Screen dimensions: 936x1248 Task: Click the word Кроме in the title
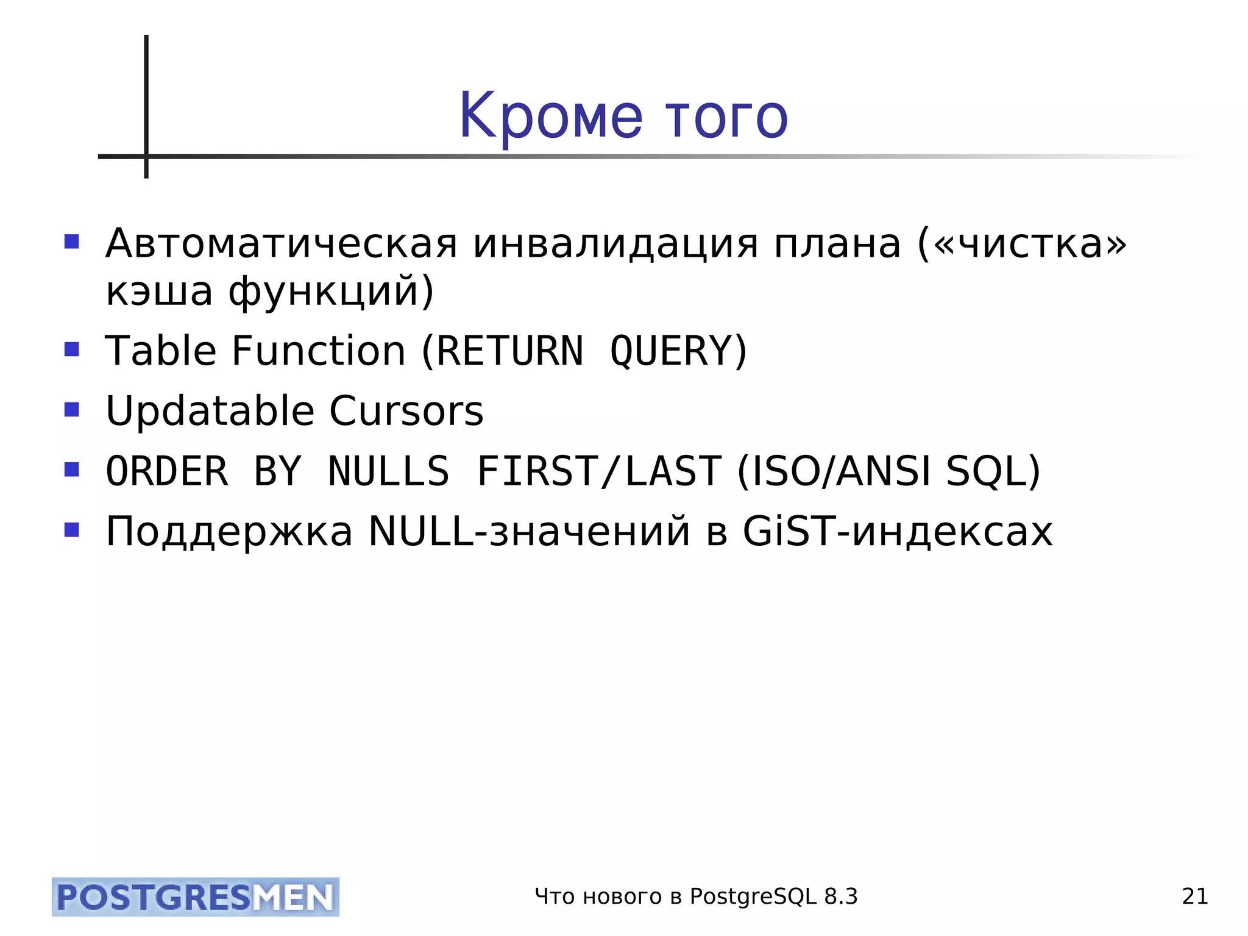pyautogui.click(x=550, y=116)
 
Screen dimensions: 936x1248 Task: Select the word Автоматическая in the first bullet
pyautogui.click(x=281, y=243)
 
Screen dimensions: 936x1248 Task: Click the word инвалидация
pyautogui.click(x=615, y=243)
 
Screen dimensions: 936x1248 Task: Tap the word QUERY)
pyautogui.click(x=678, y=351)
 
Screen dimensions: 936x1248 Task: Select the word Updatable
pyautogui.click(x=210, y=411)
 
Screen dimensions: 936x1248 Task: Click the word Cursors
pyautogui.click(x=406, y=411)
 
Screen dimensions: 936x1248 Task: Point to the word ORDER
pyautogui.click(x=167, y=471)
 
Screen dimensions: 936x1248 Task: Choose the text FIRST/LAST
pyautogui.click(x=600, y=471)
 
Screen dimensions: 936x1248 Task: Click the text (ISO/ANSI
pyautogui.click(x=834, y=471)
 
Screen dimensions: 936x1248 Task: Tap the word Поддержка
pyautogui.click(x=229, y=531)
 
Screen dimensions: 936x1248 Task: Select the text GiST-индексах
pyautogui.click(x=898, y=531)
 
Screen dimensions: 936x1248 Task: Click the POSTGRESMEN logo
pyautogui.click(x=196, y=897)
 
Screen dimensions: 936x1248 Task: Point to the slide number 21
pyautogui.click(x=1195, y=896)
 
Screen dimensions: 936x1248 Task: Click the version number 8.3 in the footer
pyautogui.click(x=841, y=896)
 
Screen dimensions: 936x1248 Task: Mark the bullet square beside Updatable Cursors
pyautogui.click(x=72, y=409)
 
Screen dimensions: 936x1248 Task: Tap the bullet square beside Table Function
pyautogui.click(x=72, y=349)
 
